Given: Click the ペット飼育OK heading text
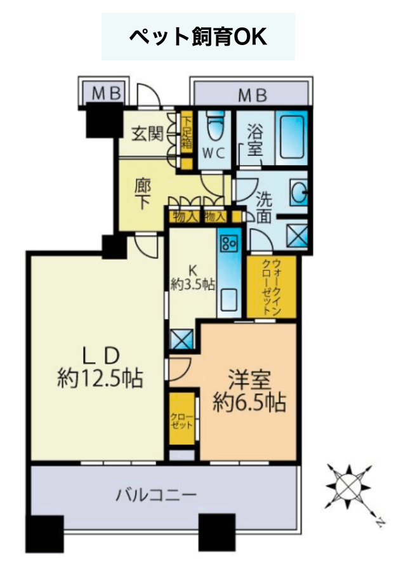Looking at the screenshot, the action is [x=198, y=36].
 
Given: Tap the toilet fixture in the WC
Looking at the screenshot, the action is [x=216, y=126].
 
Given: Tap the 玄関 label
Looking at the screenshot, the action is [x=147, y=134].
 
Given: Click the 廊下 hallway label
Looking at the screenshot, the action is [x=143, y=195].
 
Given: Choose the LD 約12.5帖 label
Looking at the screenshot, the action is [x=100, y=368].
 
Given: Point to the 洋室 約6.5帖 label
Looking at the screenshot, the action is [x=249, y=392].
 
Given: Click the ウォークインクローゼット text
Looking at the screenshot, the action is [x=271, y=287].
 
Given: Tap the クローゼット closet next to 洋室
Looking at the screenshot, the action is [x=182, y=419].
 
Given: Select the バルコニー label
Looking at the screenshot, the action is [x=156, y=495].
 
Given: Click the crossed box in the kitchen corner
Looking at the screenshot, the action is [x=182, y=339].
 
